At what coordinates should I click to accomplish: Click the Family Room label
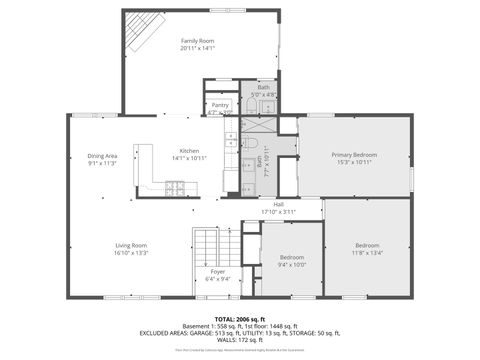(197, 40)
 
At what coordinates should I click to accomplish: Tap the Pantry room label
(219, 104)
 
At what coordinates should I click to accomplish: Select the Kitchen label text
(189, 150)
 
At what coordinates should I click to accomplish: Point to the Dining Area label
(103, 156)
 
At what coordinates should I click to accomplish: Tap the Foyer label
(217, 272)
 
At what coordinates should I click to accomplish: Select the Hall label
(278, 204)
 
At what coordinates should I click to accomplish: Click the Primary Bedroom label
(354, 155)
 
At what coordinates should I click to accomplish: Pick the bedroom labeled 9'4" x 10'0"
(292, 264)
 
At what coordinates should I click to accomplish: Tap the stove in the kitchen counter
(175, 185)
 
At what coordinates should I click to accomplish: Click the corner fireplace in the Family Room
(140, 32)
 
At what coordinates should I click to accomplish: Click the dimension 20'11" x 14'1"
(197, 48)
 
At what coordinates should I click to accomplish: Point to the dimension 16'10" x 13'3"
(131, 253)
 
